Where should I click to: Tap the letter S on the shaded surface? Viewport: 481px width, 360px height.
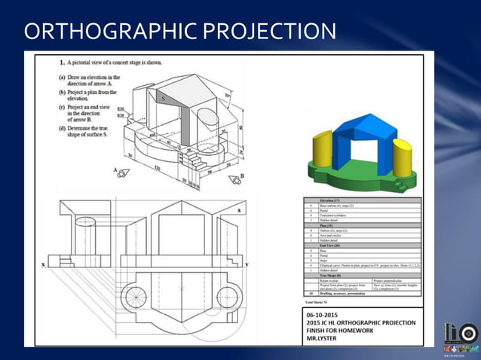click(162, 98)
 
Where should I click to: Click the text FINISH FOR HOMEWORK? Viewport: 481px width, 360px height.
click(345, 330)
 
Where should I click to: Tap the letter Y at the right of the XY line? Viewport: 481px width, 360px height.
click(247, 264)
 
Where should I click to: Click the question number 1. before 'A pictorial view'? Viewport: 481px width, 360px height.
click(62, 63)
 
